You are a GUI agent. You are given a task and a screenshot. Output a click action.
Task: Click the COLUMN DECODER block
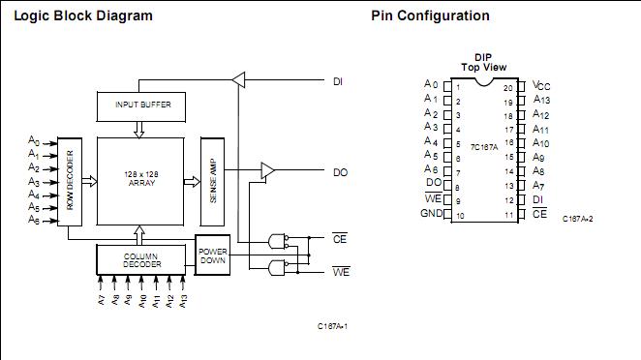tap(141, 259)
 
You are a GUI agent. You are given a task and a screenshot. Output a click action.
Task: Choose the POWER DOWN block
tap(213, 255)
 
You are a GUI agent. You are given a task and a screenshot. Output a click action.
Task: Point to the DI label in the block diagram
tap(339, 80)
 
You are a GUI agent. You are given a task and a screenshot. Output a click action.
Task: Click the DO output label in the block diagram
tap(340, 172)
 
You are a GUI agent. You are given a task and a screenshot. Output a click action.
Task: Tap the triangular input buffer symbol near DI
tap(239, 80)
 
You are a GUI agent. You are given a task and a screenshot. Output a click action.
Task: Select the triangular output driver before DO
tap(267, 172)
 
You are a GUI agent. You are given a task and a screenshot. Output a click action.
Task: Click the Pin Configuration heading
tap(430, 16)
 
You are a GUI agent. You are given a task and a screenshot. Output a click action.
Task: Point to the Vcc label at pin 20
tap(542, 85)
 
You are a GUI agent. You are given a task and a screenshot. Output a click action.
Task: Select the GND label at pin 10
tap(431, 213)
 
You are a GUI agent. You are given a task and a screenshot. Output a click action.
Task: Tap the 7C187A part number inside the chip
tap(484, 146)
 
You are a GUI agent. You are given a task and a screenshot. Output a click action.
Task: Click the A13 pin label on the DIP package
tap(541, 100)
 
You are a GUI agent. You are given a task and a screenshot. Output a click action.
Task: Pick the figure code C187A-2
tap(577, 219)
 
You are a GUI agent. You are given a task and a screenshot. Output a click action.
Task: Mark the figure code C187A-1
tap(332, 326)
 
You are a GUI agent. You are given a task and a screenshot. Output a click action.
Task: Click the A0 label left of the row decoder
tap(33, 140)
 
